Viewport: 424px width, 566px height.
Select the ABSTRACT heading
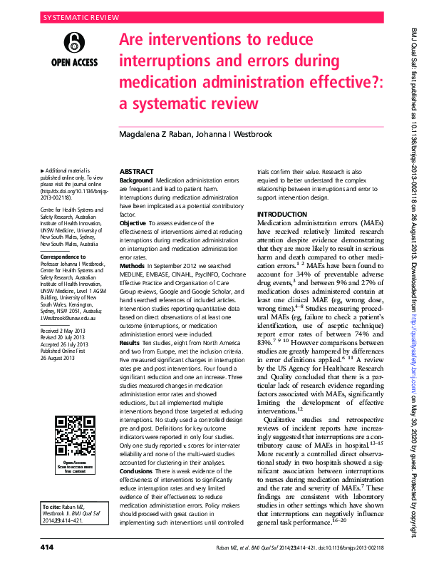[x=136, y=172]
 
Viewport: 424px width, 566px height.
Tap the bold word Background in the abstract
[x=136, y=182]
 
